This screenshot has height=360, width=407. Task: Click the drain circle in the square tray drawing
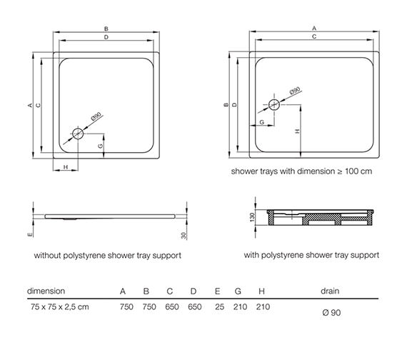(78, 134)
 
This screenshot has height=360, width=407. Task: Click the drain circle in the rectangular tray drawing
(274, 105)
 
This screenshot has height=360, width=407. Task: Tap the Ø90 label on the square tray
(96, 116)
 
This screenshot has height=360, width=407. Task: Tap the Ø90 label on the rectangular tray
(295, 91)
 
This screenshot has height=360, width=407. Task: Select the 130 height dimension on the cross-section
(252, 217)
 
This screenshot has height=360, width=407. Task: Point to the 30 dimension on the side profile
(184, 235)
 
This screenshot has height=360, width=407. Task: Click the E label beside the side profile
(30, 234)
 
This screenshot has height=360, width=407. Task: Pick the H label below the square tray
(66, 167)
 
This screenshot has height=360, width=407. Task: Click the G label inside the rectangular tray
(261, 122)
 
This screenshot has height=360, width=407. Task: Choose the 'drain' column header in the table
(330, 291)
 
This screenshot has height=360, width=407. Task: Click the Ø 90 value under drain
(331, 312)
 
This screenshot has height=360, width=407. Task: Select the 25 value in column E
(219, 306)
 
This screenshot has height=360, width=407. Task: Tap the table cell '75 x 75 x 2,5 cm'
(60, 306)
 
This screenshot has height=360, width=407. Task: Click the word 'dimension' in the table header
(46, 291)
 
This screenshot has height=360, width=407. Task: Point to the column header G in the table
(238, 291)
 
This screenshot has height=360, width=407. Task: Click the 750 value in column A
(126, 306)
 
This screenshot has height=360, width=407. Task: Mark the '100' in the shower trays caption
(352, 171)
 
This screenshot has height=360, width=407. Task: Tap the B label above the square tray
(106, 29)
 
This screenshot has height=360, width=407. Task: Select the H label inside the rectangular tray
(298, 131)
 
